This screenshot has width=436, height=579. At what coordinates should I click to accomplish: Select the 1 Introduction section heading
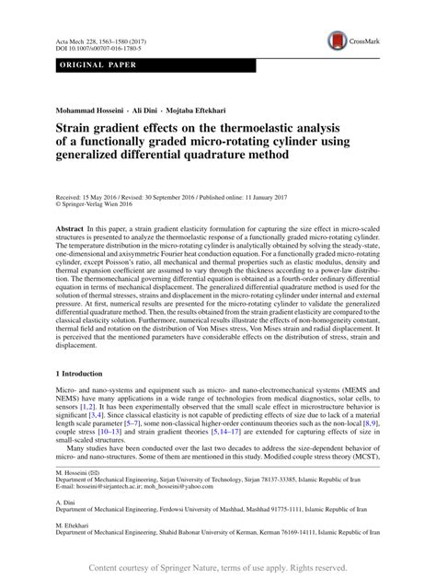70,375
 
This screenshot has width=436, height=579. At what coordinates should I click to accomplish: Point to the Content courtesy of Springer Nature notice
218,567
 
